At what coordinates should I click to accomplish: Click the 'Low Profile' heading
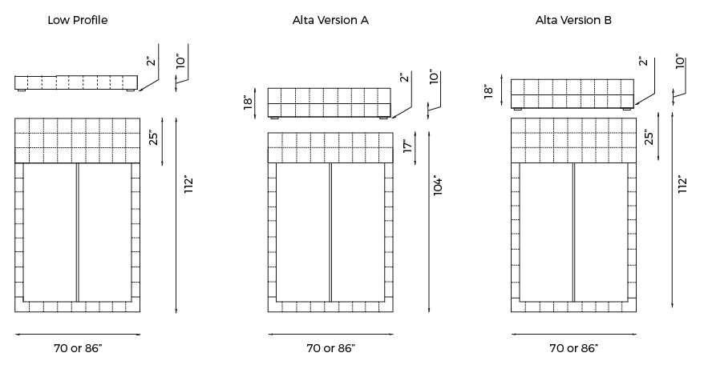(78, 20)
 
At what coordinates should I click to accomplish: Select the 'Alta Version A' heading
(330, 20)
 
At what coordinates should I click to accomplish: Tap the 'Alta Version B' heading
(573, 20)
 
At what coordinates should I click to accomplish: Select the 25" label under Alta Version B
(649, 137)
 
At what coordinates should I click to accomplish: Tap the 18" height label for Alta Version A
(249, 102)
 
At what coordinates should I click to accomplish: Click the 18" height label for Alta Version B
(488, 91)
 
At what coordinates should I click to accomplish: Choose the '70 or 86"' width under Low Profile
(78, 348)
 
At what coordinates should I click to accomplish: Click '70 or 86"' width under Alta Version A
(330, 348)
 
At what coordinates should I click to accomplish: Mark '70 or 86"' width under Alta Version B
(573, 348)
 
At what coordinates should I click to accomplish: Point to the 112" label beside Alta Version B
(683, 184)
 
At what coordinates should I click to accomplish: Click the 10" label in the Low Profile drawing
(181, 62)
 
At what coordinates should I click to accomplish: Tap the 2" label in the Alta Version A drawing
(403, 78)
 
